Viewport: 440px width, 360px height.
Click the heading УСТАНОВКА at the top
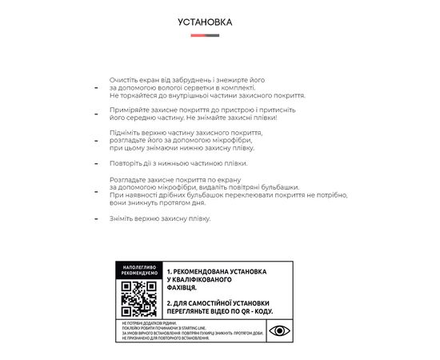click(205, 22)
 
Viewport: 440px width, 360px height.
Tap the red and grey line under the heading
click(205, 36)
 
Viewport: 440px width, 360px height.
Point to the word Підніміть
click(125, 131)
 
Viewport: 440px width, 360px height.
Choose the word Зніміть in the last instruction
click(122, 218)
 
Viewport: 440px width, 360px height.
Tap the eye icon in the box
click(280, 330)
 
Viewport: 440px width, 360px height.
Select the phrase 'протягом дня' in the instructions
click(191, 203)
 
